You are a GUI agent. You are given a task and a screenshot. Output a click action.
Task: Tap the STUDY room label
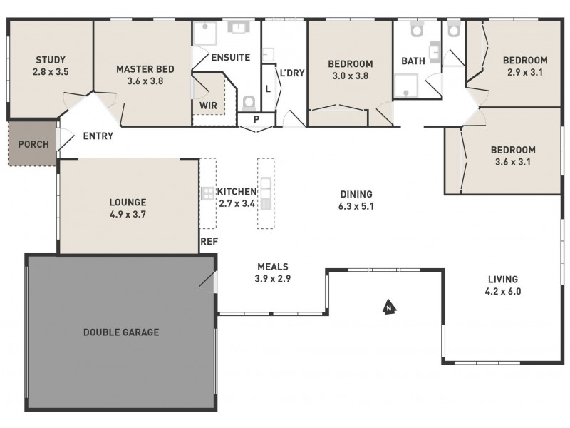tap(50, 59)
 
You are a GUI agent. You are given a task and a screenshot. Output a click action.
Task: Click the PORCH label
tap(33, 144)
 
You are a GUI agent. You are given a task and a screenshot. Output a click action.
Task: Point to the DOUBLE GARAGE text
tap(121, 332)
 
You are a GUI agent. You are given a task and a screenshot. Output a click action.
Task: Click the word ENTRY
tap(98, 136)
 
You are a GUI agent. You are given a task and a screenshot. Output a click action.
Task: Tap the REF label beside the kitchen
tap(209, 242)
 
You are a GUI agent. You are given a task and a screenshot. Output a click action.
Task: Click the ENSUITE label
tap(229, 57)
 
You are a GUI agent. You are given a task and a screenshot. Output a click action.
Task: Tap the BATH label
tap(413, 61)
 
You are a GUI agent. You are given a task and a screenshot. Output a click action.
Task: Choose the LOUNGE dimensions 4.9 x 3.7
tap(128, 213)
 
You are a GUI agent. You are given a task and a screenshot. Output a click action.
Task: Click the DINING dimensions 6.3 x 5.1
tap(356, 206)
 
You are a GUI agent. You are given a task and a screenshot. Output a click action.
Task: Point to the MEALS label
tap(273, 267)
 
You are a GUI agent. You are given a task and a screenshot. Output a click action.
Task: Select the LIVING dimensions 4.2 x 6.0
tap(502, 291)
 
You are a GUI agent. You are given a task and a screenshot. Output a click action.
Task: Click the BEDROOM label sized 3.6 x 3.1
tap(513, 150)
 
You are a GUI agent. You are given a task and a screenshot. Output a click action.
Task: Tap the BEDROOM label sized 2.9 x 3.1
tap(524, 60)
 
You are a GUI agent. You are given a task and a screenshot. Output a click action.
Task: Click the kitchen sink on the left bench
tap(207, 193)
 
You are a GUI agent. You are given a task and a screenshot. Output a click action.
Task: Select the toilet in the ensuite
tap(249, 101)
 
